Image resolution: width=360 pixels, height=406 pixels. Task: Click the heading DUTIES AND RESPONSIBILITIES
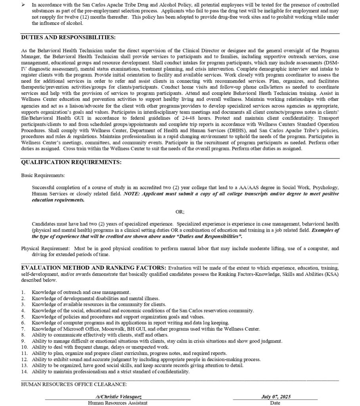click(68, 38)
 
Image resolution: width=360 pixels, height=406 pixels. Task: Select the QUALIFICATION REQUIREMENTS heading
click(71, 163)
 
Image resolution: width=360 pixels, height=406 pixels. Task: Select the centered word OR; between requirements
click(180, 212)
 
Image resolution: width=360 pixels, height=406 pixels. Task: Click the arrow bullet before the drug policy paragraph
click(23, 4)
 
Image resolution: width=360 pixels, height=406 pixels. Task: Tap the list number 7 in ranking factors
click(23, 329)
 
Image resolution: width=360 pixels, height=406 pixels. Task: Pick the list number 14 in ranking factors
click(24, 372)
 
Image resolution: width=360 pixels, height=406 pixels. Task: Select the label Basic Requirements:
click(43, 175)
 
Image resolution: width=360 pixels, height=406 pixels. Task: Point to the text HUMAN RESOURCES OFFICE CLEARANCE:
click(74, 385)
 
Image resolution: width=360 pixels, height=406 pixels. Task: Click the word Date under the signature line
click(275, 403)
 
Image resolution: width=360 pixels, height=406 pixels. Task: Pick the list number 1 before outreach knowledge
click(23, 292)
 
